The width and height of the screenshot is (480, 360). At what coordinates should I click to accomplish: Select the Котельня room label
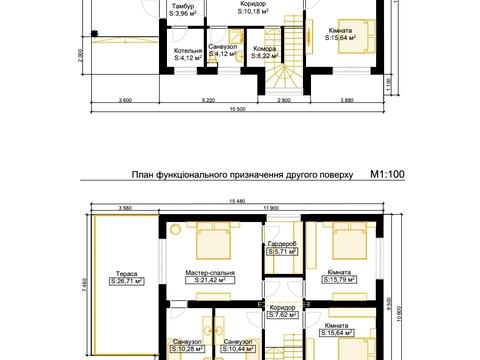tap(188, 49)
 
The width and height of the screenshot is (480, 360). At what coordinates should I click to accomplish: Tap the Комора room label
tap(265, 48)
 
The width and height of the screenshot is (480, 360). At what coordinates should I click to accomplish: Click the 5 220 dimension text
tap(209, 101)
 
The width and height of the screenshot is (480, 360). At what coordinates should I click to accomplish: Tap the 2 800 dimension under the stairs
tap(284, 101)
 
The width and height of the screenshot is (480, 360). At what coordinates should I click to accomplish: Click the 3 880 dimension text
tap(347, 101)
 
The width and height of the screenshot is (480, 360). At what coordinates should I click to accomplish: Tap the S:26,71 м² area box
tap(126, 281)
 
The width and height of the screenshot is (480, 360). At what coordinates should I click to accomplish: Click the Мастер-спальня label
tap(210, 272)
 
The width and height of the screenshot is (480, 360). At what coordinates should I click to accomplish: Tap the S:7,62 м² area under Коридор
tap(283, 313)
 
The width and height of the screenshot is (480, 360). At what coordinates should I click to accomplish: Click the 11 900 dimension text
tap(270, 207)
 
